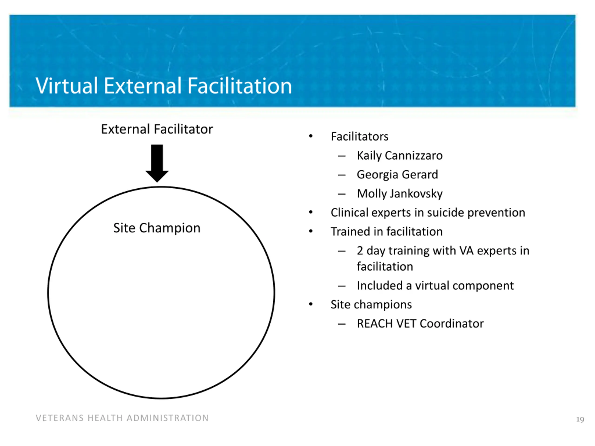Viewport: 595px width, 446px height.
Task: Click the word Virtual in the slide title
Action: point(66,86)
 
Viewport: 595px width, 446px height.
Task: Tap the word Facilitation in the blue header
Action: point(239,86)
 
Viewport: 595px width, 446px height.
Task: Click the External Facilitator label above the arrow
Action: point(157,129)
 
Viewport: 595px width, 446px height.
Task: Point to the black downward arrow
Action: point(157,163)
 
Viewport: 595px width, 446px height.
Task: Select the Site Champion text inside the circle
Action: point(157,228)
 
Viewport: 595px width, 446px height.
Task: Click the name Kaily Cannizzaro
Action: point(400,156)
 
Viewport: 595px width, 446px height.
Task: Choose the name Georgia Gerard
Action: point(397,175)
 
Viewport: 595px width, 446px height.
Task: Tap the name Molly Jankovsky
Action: point(400,194)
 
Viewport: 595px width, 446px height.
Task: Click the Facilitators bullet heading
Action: point(359,137)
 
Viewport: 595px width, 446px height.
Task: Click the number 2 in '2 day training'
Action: point(360,251)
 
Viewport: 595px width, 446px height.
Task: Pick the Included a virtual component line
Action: point(435,286)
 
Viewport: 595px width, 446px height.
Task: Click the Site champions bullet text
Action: point(371,305)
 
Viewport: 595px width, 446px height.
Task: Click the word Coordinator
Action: point(452,324)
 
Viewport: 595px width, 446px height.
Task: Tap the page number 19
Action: point(580,419)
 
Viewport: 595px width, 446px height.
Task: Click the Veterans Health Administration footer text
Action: point(122,418)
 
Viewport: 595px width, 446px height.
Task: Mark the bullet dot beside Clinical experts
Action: point(311,212)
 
